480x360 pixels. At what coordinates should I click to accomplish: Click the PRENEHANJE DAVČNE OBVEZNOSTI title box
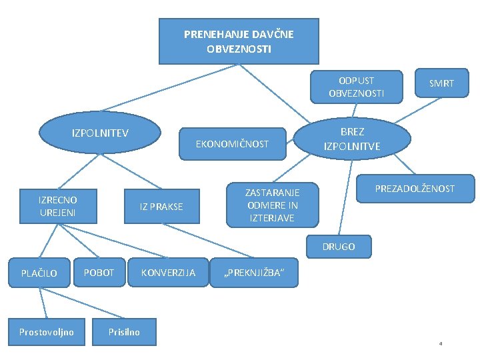238,41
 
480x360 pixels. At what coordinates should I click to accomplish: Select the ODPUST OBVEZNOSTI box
356,87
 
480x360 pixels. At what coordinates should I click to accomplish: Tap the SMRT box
441,84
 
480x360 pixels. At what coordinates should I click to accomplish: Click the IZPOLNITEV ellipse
100,133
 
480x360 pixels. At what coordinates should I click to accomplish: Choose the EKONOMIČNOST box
232,144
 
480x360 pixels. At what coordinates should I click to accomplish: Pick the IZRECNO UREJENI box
57,206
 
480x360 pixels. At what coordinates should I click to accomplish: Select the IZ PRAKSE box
161,207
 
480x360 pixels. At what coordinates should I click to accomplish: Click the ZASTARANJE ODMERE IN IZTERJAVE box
272,205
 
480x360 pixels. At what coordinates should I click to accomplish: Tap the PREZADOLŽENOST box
414,189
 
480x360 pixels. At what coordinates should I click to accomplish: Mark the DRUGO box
339,246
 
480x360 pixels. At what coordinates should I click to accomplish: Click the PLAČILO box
39,273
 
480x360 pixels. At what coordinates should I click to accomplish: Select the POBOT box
99,273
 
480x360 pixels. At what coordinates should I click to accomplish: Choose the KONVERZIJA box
168,273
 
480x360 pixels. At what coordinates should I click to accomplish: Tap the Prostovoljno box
46,331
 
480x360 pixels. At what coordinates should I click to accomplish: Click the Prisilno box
125,331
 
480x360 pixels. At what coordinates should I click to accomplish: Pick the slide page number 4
441,344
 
